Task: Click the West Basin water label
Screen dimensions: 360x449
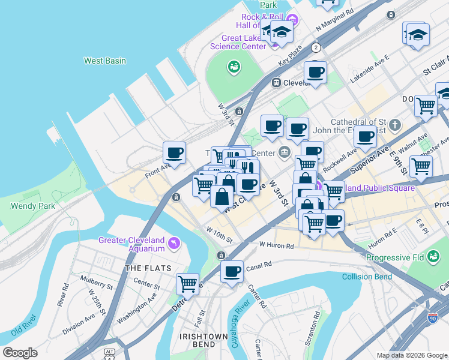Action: (104, 61)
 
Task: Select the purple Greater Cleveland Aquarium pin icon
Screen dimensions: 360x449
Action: (174, 242)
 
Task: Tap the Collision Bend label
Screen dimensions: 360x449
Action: (367, 277)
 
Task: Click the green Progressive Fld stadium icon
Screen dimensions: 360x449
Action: (433, 256)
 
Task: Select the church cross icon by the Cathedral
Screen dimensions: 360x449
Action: (394, 125)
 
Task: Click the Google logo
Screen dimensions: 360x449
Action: (20, 353)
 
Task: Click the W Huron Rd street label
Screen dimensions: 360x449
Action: (276, 245)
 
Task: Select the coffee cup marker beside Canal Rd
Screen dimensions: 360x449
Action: (231, 272)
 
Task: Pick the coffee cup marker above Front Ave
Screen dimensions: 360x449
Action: (174, 152)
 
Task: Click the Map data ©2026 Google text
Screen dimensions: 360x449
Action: (411, 355)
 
